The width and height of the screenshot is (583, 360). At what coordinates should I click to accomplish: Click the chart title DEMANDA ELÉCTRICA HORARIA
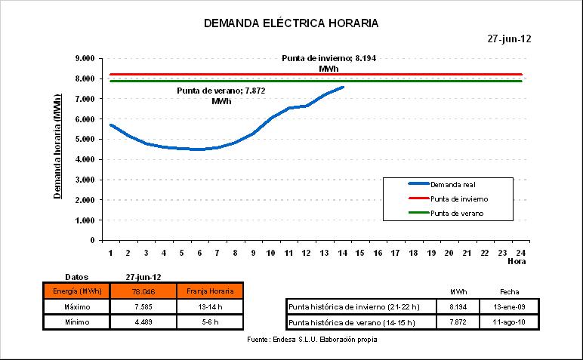click(x=291, y=23)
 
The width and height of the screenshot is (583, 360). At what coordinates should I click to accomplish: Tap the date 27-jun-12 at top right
click(x=510, y=39)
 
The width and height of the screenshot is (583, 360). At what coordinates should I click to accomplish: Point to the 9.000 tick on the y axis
click(x=83, y=58)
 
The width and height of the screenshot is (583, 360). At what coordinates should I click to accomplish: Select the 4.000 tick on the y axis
click(x=83, y=159)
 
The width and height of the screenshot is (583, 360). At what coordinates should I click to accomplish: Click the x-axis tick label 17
click(x=395, y=252)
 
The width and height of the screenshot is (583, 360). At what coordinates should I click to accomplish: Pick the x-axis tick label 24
click(x=521, y=252)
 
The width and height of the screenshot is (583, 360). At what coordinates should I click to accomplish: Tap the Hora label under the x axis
click(x=517, y=261)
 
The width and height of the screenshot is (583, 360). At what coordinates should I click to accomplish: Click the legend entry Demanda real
click(x=453, y=184)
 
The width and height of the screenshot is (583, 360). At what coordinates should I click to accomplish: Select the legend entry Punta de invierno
click(x=458, y=199)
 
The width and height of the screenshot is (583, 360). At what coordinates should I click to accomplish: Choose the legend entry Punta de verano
click(x=457, y=214)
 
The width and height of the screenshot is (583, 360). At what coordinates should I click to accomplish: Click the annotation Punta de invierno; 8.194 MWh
click(x=328, y=63)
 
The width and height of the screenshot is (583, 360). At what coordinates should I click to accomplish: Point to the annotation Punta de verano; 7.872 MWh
click(x=221, y=96)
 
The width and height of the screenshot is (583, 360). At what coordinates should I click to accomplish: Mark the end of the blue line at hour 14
click(x=344, y=87)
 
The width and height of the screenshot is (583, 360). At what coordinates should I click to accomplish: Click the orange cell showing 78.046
click(x=143, y=291)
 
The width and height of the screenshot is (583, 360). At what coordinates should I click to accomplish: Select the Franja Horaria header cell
click(x=209, y=291)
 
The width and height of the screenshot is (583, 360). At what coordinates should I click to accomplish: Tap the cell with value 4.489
click(x=143, y=322)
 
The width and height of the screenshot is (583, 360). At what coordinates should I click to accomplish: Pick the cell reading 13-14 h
click(x=209, y=306)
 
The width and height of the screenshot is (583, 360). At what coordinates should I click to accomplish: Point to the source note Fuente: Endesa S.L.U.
click(x=312, y=340)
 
